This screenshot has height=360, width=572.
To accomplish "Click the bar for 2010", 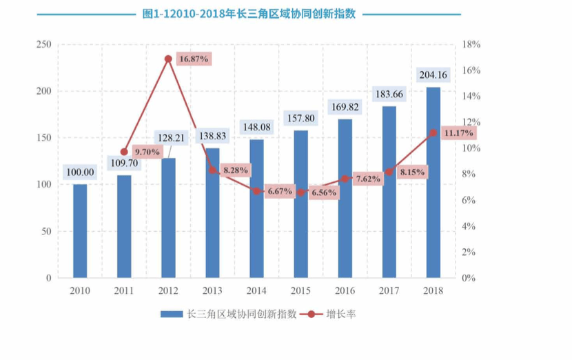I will click(80, 231).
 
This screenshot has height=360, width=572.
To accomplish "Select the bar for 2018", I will click(433, 183).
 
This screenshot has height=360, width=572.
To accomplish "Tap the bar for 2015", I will click(300, 204).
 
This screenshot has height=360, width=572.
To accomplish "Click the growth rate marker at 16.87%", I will click(168, 59).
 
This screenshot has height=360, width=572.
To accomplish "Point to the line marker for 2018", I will click(433, 132).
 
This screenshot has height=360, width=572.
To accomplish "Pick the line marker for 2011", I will click(124, 152).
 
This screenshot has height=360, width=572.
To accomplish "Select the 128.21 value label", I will click(168, 137).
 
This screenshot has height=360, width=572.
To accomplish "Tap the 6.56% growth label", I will click(324, 192).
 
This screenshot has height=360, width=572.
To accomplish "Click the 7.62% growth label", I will click(368, 179).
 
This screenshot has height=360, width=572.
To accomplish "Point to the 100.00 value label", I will click(80, 171).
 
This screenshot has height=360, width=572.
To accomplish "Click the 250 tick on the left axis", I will click(44, 44).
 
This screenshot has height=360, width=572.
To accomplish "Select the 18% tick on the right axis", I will click(471, 44).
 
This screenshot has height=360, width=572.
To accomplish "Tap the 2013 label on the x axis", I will click(212, 290).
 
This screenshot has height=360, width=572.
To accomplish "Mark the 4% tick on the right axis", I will click(469, 226).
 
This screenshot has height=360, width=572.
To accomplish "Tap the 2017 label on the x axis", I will click(389, 290).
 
